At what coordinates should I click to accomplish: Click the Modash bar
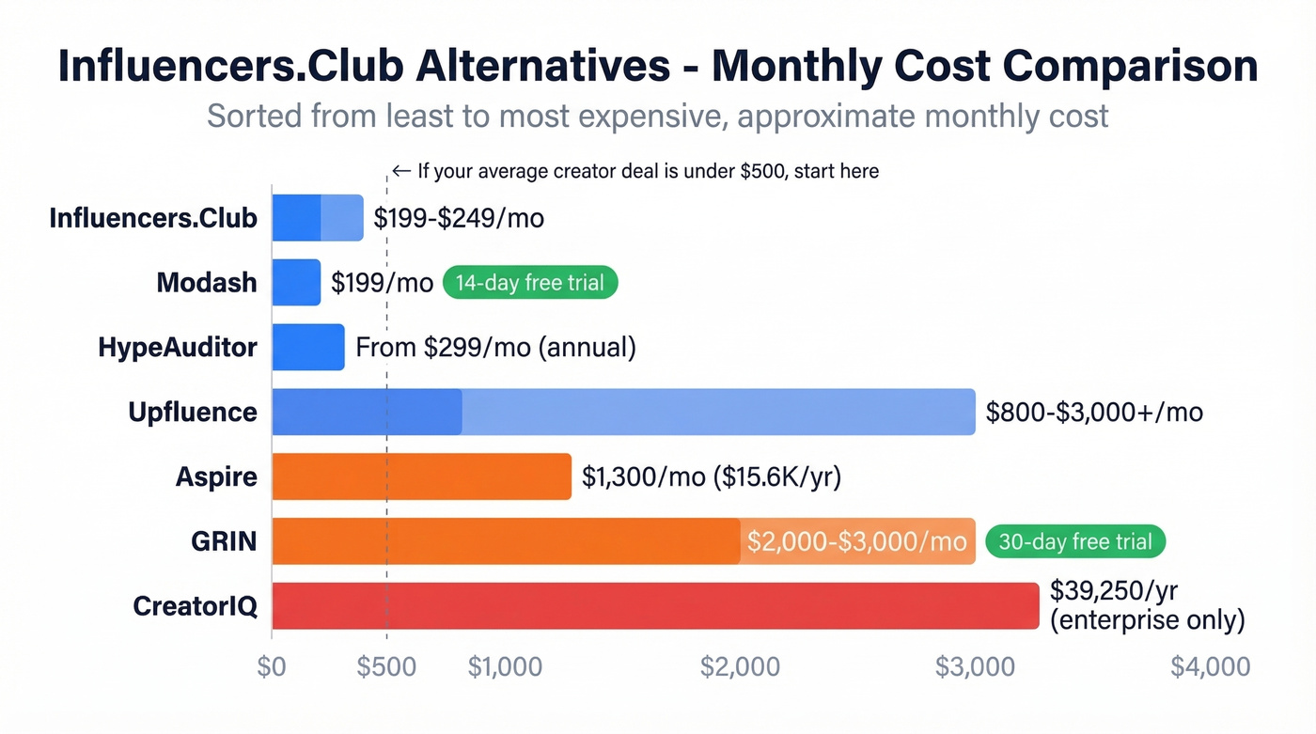pyautogui.click(x=296, y=283)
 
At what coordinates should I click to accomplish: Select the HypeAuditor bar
pyautogui.click(x=308, y=347)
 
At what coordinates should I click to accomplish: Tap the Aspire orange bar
pyautogui.click(x=421, y=476)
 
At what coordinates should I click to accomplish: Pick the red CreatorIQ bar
pyautogui.click(x=655, y=605)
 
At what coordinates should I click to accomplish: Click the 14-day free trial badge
pyautogui.click(x=530, y=283)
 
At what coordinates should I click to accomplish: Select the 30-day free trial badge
pyautogui.click(x=1075, y=541)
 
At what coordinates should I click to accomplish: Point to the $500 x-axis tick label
pyautogui.click(x=386, y=666)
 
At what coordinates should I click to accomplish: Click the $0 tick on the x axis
pyautogui.click(x=272, y=666)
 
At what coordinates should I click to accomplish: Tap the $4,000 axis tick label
pyautogui.click(x=1210, y=666)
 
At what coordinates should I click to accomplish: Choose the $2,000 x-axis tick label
pyautogui.click(x=740, y=666)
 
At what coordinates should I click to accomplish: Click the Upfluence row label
pyautogui.click(x=193, y=412)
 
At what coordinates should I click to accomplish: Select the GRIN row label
pyautogui.click(x=222, y=541)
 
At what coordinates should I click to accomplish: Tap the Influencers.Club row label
pyautogui.click(x=153, y=218)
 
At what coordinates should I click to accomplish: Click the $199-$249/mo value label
pyautogui.click(x=459, y=218)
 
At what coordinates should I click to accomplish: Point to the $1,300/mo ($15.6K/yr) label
pyautogui.click(x=712, y=476)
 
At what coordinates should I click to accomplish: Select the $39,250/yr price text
pyautogui.click(x=1114, y=591)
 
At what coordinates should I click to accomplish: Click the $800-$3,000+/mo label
pyautogui.click(x=1094, y=412)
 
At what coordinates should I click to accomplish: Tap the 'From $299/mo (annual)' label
pyautogui.click(x=495, y=348)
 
